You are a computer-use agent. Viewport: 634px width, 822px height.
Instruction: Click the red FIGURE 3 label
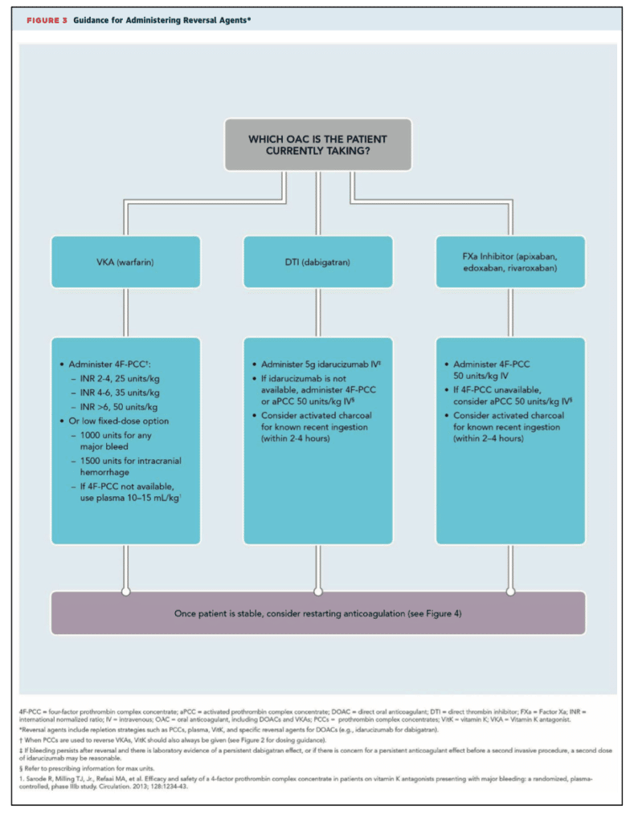click(47, 20)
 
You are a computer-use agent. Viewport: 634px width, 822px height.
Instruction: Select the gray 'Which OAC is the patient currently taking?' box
click(318, 144)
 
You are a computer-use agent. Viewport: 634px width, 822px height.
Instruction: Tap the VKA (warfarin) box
click(125, 262)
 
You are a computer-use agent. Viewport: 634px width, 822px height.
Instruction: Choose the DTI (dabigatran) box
click(318, 262)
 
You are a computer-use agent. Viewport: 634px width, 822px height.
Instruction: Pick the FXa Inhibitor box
click(510, 262)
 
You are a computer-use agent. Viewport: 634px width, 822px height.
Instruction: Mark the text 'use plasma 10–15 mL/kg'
click(129, 498)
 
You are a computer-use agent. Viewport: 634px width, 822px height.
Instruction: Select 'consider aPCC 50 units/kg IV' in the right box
click(512, 401)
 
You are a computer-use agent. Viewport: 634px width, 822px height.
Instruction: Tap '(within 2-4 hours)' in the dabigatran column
click(296, 439)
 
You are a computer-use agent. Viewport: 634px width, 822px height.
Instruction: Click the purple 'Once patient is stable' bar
click(318, 612)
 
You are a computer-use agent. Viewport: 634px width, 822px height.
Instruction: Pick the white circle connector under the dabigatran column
click(318, 592)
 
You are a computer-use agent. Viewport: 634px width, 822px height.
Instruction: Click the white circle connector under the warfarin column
click(126, 592)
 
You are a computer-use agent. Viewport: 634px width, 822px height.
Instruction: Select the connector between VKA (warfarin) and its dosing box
click(126, 312)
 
